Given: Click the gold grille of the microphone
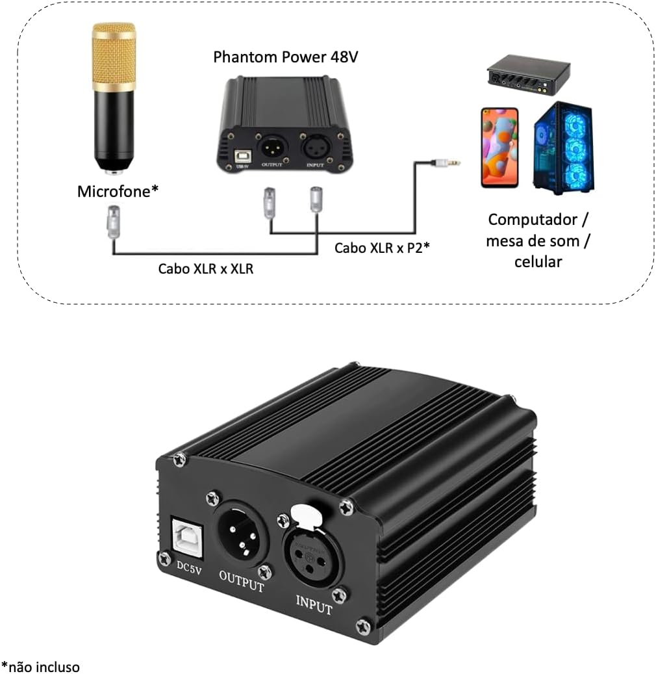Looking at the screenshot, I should [x=114, y=57].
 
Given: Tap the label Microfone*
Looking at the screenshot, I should [x=118, y=192].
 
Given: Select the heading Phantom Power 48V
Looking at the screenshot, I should [x=286, y=57].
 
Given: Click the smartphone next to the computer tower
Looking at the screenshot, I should [x=499, y=148].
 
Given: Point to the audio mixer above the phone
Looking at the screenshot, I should [x=529, y=74].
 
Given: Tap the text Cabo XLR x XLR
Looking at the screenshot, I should [x=205, y=268].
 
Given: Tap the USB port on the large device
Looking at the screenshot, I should [x=185, y=536].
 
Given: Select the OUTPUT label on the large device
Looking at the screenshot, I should [x=241, y=580].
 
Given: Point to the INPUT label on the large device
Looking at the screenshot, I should [x=314, y=604].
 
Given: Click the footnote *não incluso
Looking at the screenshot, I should [x=40, y=667].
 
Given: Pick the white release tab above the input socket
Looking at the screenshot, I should [x=305, y=515].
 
